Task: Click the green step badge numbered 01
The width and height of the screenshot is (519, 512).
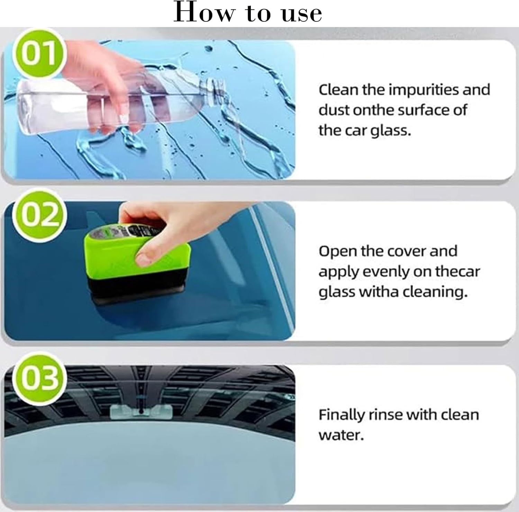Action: tap(39, 54)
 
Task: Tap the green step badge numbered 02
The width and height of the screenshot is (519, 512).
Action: tap(39, 215)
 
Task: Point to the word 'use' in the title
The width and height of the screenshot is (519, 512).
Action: tap(302, 14)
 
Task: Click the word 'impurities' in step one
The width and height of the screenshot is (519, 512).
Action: tap(425, 90)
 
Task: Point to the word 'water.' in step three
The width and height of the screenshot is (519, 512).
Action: tap(341, 435)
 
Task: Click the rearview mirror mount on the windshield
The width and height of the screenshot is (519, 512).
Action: tap(141, 411)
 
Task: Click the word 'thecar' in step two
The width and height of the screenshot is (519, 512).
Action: tap(457, 272)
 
